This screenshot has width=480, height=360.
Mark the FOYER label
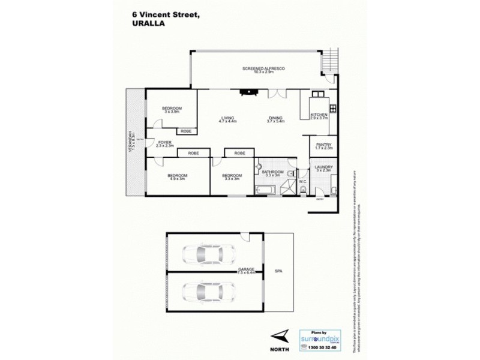click(x=165, y=143)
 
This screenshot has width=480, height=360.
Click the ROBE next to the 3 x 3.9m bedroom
click(x=186, y=131)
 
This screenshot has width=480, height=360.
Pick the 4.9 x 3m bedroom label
click(x=178, y=176)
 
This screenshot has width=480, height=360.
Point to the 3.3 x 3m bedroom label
click(x=232, y=176)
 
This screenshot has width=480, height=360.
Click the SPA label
click(x=278, y=271)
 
